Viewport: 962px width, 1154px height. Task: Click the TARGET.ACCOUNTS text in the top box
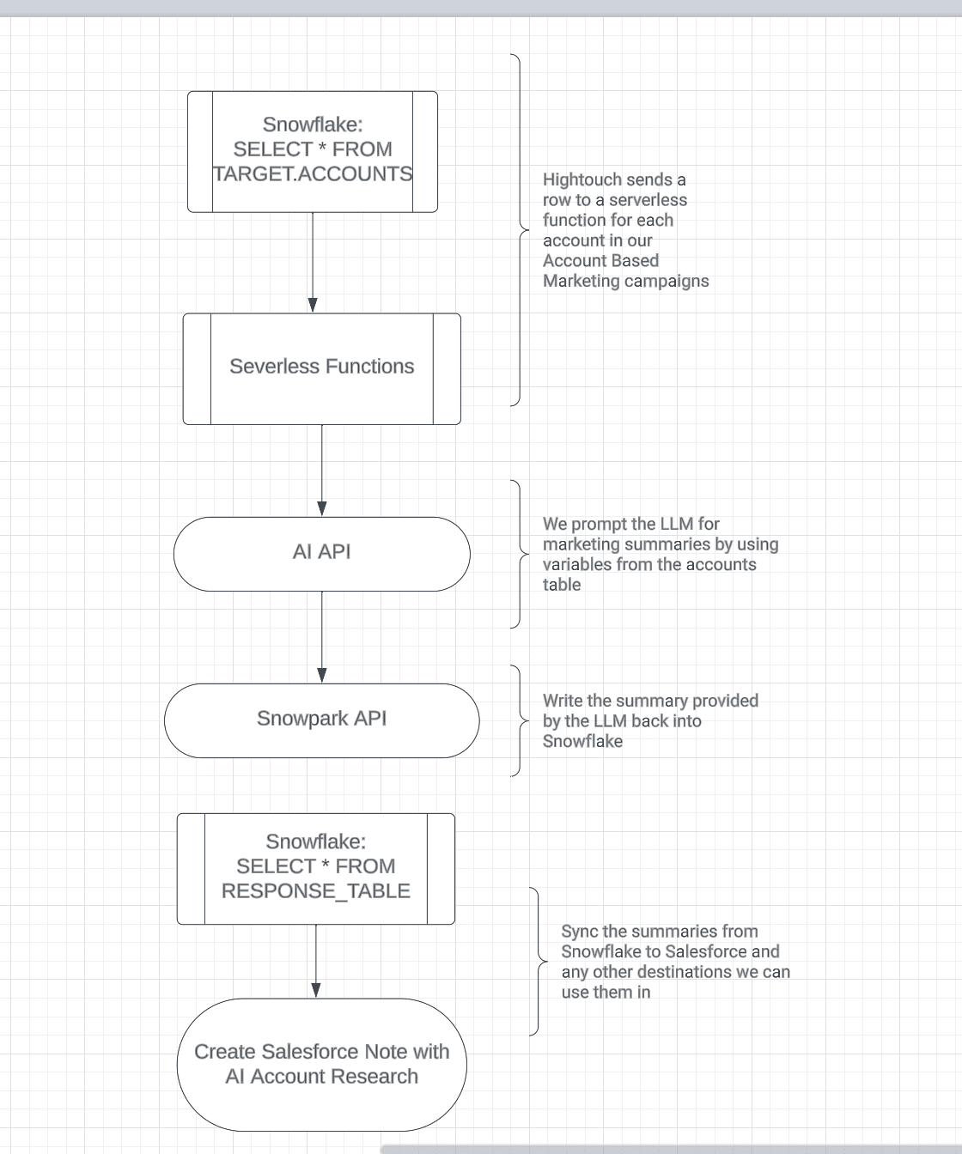[x=313, y=174]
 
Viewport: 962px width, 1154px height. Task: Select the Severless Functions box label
[x=321, y=367]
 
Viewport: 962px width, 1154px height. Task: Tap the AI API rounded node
[x=321, y=552]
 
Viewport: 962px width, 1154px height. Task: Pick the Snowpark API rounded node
[x=321, y=719]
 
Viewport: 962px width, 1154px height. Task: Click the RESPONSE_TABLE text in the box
[x=315, y=891]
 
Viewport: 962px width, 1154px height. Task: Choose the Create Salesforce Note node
[x=321, y=1064]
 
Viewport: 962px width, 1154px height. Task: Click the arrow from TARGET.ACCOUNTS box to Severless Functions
[x=313, y=262]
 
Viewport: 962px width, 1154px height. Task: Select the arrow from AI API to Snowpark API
[x=322, y=636]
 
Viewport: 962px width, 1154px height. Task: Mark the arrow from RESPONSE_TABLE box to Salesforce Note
[x=316, y=960]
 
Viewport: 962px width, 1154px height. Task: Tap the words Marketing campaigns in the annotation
[x=625, y=282]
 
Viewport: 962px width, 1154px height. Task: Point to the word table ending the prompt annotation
[x=561, y=585]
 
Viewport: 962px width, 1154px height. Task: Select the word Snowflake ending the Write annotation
[x=581, y=742]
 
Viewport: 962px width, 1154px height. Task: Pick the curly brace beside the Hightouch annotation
[x=520, y=229]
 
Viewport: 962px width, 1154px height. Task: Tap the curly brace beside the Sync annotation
[x=539, y=962]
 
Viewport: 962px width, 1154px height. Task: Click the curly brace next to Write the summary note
[x=520, y=720]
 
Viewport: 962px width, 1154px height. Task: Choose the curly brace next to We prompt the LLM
[x=520, y=554]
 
